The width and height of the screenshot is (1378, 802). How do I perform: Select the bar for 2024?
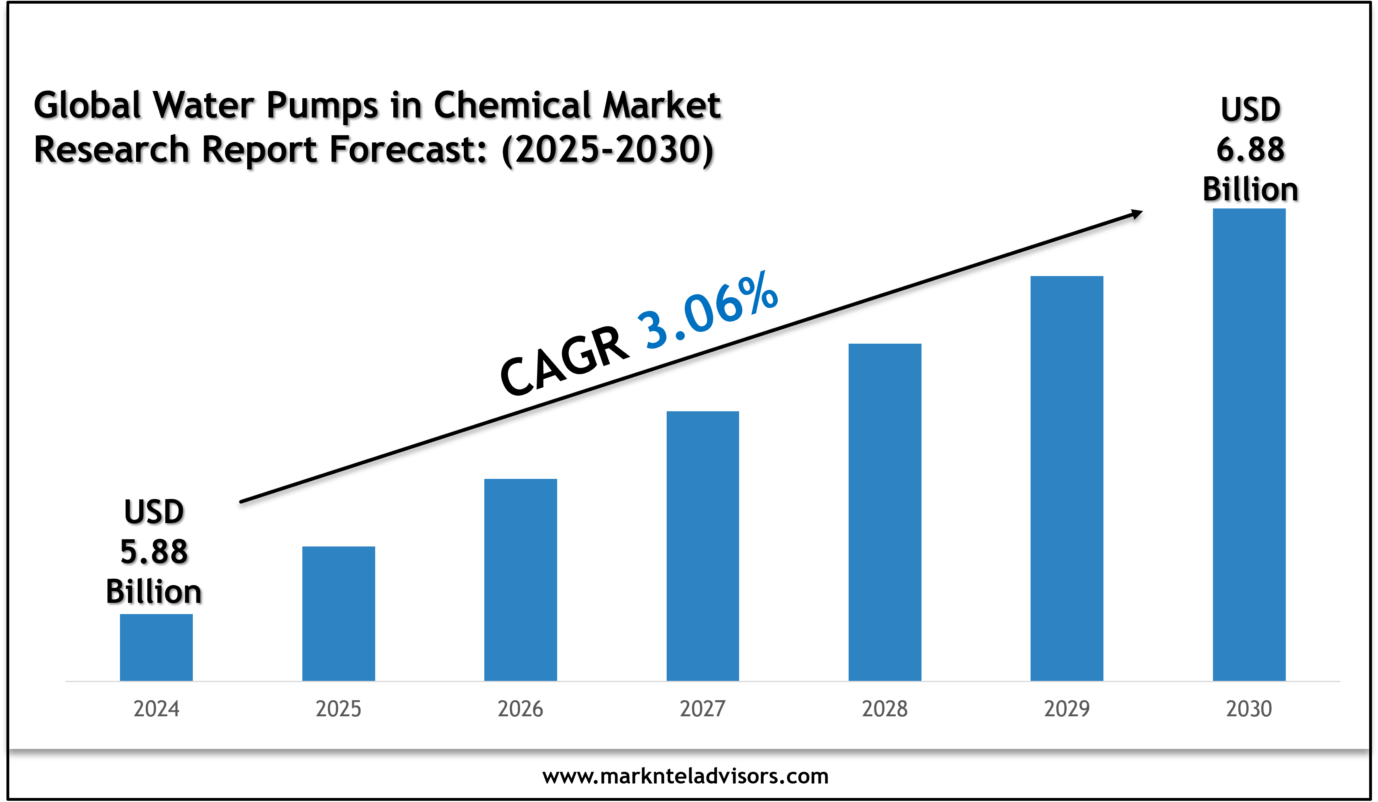coord(156,647)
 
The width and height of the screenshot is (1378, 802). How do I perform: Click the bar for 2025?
coord(339,613)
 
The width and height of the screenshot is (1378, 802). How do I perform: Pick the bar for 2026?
coord(521,579)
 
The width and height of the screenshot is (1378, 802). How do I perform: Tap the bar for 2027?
coord(702,546)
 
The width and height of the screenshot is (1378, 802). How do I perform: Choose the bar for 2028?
coord(885,512)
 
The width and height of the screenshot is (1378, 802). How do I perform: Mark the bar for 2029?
coord(1067,478)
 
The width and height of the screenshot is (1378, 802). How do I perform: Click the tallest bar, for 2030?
coord(1249,445)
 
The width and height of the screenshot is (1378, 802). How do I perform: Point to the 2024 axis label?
coord(156,709)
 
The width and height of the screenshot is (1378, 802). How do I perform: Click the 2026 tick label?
coord(521,709)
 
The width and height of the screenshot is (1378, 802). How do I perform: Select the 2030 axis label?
coord(1249,709)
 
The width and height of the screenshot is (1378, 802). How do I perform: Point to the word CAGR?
coord(564,361)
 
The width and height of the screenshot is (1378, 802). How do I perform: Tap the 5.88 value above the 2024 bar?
coord(154,552)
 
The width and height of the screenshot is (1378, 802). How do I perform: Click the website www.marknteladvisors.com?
coord(686,776)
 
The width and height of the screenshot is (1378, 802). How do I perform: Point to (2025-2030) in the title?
coord(607,150)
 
